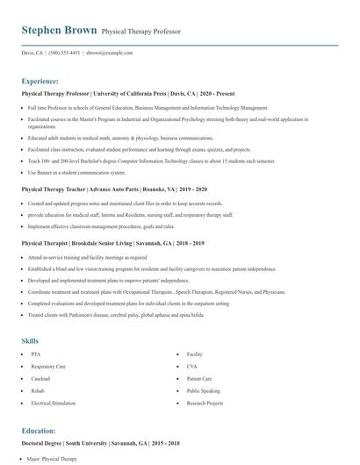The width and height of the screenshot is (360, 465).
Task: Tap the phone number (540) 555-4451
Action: point(64,53)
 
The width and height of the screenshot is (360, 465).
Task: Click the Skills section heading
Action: point(30,340)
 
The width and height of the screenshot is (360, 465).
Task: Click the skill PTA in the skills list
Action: point(36,354)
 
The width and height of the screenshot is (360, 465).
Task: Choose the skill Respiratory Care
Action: point(49,367)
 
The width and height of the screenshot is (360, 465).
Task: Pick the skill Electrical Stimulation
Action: point(53,403)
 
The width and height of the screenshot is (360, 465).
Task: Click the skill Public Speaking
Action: point(203,390)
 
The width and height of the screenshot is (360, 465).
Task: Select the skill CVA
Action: point(192,367)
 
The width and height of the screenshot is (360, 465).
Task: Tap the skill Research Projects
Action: point(205,403)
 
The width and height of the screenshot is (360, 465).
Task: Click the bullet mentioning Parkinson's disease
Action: point(104,313)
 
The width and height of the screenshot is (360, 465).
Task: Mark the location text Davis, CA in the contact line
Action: point(32,53)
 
